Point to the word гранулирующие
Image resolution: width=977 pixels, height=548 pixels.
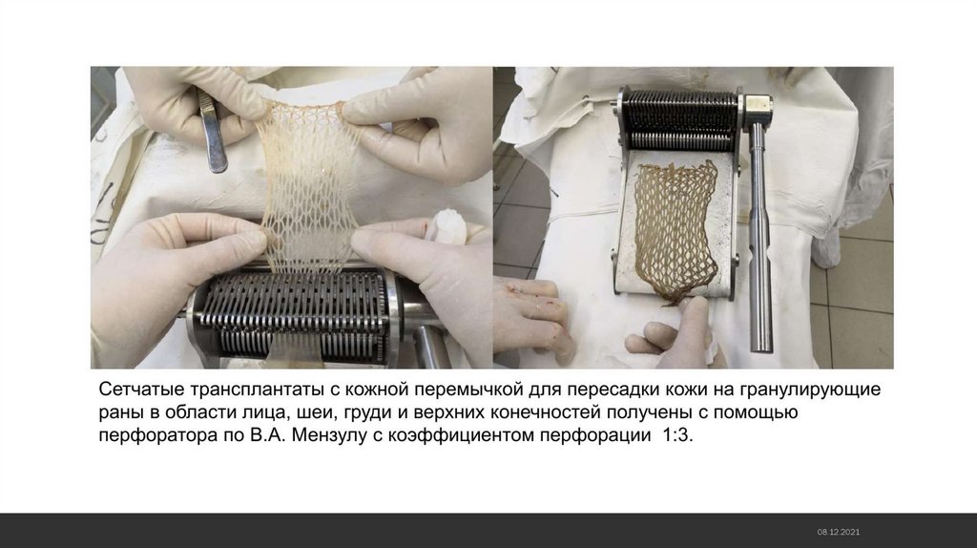click(x=810, y=390)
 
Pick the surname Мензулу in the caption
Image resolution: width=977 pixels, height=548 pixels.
click(x=329, y=434)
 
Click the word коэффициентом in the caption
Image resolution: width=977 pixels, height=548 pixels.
click(x=462, y=434)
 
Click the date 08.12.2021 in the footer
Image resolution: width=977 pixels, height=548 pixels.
click(x=839, y=532)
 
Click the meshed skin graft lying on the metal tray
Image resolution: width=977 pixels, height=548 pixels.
click(x=676, y=230)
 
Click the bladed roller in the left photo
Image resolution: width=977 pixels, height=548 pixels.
click(x=293, y=315)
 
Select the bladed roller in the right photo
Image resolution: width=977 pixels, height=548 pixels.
click(x=680, y=121)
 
